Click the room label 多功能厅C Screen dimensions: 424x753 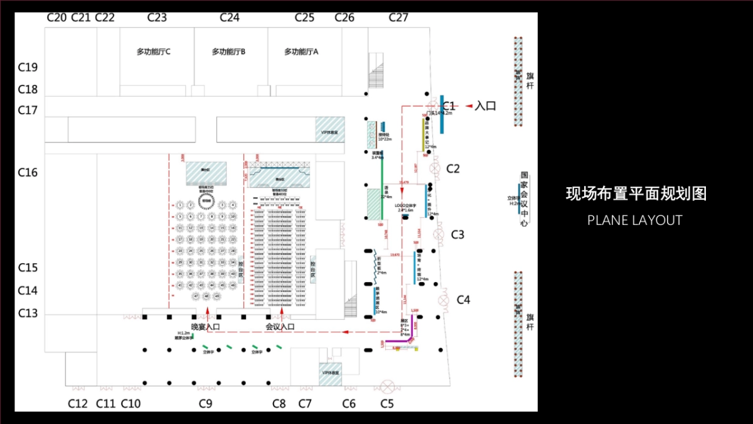(154, 52)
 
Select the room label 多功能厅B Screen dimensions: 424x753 (228, 52)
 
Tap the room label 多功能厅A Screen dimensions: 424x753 (301, 52)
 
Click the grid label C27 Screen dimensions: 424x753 (398, 18)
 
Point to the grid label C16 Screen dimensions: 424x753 (28, 172)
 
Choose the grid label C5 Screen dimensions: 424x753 (387, 404)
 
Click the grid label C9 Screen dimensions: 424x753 (206, 404)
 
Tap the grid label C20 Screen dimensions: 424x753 (56, 18)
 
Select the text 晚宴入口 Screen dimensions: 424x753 (206, 327)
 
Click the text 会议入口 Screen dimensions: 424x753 (280, 327)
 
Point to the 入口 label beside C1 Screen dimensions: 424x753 (486, 106)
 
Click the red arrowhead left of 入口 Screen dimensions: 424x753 (468, 106)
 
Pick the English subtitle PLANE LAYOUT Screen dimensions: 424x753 (634, 220)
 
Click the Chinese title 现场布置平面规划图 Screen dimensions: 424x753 (636, 193)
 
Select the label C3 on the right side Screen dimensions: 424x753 (458, 235)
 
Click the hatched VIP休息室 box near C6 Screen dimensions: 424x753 (330, 372)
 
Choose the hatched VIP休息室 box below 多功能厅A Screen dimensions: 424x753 (329, 130)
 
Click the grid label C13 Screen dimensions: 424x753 (28, 313)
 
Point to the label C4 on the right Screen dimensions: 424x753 (463, 300)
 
